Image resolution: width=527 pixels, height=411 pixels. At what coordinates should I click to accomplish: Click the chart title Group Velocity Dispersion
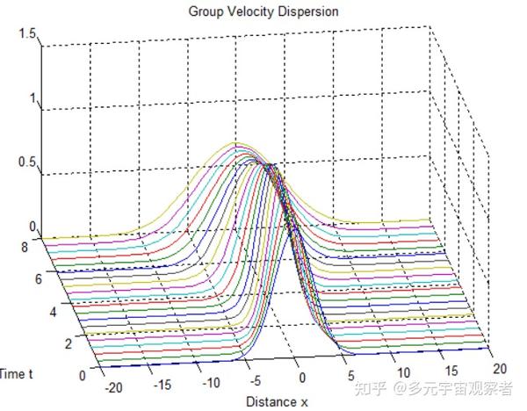(263, 11)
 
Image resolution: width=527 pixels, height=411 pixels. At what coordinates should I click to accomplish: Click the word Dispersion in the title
(308, 11)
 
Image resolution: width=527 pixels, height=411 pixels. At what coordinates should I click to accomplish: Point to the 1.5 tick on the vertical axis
(27, 33)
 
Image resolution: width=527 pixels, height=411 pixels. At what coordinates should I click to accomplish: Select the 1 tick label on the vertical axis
(33, 98)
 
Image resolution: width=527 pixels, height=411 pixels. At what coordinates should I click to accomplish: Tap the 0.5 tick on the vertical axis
(27, 162)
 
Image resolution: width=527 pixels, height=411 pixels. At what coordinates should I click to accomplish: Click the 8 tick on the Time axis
(25, 248)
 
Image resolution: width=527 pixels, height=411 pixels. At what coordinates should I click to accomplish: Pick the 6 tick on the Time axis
(39, 279)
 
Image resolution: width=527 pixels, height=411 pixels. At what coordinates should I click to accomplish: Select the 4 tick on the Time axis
(53, 312)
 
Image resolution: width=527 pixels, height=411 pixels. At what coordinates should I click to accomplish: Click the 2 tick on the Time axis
(69, 343)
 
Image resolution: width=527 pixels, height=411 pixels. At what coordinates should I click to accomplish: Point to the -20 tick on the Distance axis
(113, 388)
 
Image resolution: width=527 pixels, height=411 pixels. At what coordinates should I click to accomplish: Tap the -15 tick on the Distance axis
(162, 386)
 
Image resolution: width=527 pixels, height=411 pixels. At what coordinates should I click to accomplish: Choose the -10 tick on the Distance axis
(211, 383)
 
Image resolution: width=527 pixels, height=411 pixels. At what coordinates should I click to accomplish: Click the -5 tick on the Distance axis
(256, 381)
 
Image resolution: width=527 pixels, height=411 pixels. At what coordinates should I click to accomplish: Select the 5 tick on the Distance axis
(351, 375)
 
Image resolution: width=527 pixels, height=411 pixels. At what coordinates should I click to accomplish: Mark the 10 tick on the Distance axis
(404, 372)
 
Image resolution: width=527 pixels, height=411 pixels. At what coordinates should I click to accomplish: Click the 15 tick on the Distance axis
(451, 371)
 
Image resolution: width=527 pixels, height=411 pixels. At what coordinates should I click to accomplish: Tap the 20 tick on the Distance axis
(500, 369)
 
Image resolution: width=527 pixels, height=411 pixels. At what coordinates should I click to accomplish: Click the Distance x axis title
(277, 401)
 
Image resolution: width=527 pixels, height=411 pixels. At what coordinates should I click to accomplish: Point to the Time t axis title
(16, 374)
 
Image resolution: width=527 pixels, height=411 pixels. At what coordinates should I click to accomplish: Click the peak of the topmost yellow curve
(235, 142)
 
